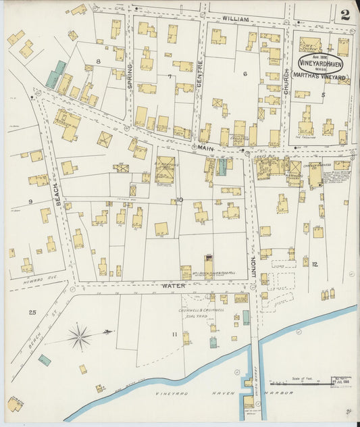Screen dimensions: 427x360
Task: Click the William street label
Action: tap(235, 19)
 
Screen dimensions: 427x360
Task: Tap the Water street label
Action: tap(173, 286)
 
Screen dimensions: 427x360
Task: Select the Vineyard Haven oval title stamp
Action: tap(321, 64)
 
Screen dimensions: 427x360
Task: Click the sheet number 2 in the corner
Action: tap(345, 15)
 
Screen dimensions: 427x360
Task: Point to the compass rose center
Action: tap(80, 336)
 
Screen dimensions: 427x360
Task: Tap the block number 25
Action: tap(32, 311)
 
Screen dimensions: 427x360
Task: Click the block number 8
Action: tap(98, 61)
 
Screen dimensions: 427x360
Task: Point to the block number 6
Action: tap(245, 74)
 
